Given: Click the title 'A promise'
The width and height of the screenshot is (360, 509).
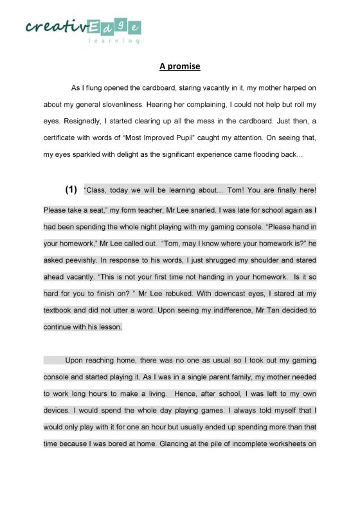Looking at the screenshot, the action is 180,66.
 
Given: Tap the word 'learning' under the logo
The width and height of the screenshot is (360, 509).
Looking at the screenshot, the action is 114,40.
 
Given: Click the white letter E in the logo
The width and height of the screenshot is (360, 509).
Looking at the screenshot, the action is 94,26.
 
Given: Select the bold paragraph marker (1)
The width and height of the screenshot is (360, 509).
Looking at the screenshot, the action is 71,190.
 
